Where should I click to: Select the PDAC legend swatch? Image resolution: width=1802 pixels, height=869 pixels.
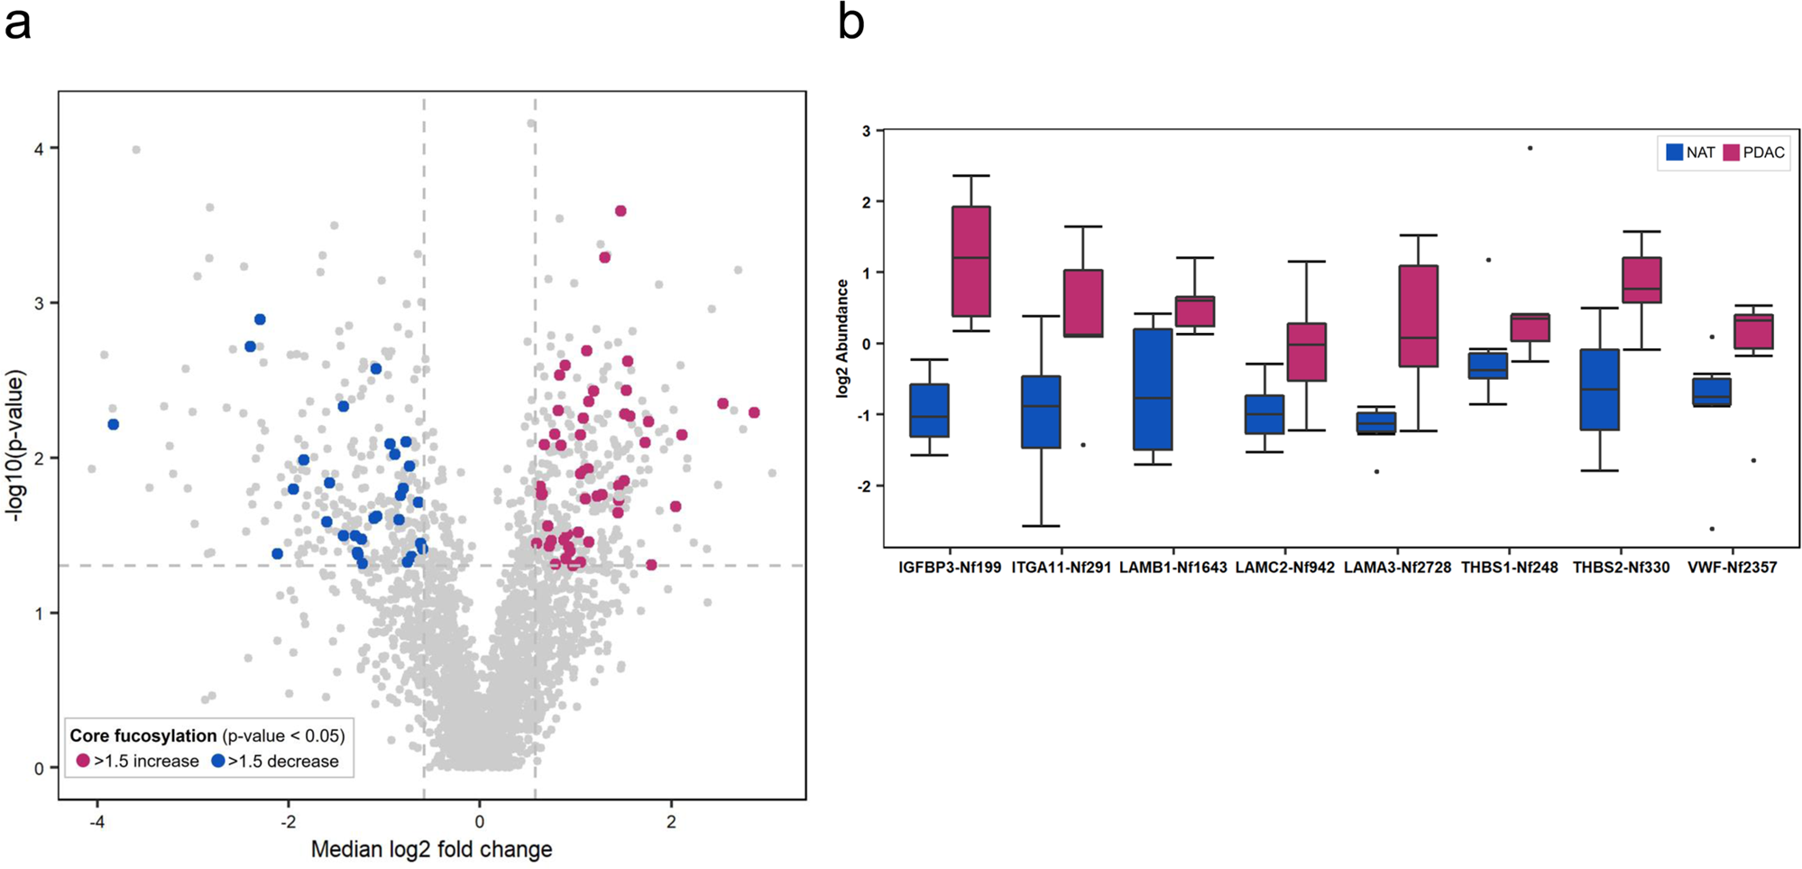coord(1731,153)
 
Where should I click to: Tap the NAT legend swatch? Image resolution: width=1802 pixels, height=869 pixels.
coord(1675,153)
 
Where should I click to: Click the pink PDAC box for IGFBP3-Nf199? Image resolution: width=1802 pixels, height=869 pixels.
coord(971,262)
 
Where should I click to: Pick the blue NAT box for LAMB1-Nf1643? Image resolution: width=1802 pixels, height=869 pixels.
coord(1153,389)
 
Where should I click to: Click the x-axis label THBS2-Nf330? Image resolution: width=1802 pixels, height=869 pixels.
coord(1621,568)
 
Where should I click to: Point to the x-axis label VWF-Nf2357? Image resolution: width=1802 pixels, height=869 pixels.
coord(1732,568)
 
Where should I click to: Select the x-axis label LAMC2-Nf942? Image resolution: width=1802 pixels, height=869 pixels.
coord(1284,568)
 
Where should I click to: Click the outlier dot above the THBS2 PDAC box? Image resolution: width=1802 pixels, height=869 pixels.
coord(1530,148)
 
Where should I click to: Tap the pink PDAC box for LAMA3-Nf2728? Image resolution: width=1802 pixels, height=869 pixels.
coord(1418,316)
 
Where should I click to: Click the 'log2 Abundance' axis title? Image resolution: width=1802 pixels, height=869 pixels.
coord(842,338)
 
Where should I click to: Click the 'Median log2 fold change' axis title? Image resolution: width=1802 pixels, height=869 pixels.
coord(431,849)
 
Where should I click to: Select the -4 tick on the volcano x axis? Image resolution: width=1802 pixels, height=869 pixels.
coord(97,822)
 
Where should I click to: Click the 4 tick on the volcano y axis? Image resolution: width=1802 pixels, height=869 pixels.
coord(39,148)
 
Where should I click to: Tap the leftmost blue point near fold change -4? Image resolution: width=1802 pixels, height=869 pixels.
coord(114,424)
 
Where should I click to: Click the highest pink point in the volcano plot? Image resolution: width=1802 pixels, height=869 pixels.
coord(621,211)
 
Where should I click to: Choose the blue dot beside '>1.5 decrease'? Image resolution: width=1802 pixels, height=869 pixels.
coord(218,761)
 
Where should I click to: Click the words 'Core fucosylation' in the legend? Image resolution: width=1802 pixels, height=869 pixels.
coord(143,735)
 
